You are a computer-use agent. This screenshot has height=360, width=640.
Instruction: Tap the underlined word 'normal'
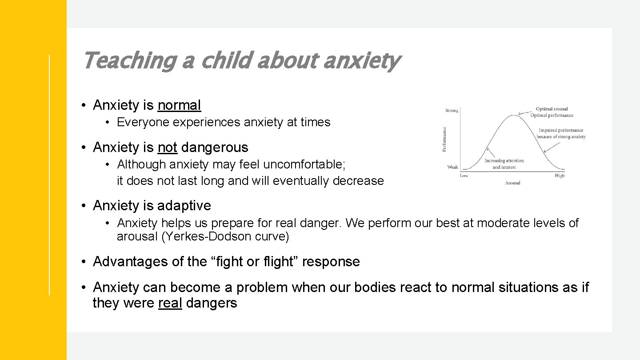pos(179,105)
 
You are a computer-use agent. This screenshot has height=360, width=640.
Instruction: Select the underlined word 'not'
pos(167,148)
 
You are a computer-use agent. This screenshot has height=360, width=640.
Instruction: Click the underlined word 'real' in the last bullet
pos(170,303)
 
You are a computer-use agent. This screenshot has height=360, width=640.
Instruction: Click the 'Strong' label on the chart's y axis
pos(452,110)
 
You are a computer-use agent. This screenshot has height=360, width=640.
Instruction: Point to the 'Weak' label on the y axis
pos(452,167)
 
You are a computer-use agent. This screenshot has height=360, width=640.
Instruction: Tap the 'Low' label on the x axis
pos(464,176)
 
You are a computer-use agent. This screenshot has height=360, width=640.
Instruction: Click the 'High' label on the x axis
pos(560,176)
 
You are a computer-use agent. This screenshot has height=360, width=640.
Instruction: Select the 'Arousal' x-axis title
pos(512,183)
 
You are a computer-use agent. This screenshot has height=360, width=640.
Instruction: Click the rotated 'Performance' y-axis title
pos(444,139)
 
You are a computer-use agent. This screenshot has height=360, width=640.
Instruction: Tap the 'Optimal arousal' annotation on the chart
pos(552,109)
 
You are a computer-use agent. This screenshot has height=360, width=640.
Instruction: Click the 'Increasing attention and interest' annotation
pos(504,164)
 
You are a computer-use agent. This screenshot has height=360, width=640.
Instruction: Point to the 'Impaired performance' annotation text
pos(561,131)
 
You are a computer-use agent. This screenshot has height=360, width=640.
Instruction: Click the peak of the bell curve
pos(514,116)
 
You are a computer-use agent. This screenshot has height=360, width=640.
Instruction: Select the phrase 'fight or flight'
pos(254,262)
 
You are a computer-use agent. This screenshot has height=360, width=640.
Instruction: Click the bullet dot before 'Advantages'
pos(84,262)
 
